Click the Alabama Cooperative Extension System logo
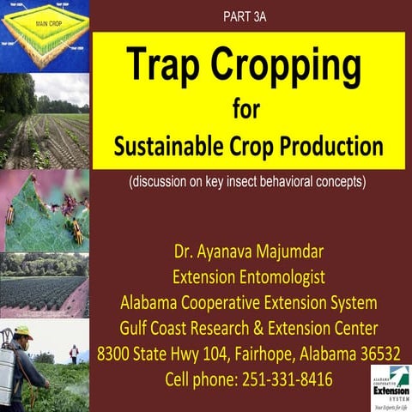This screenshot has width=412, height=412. point(390,387)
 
